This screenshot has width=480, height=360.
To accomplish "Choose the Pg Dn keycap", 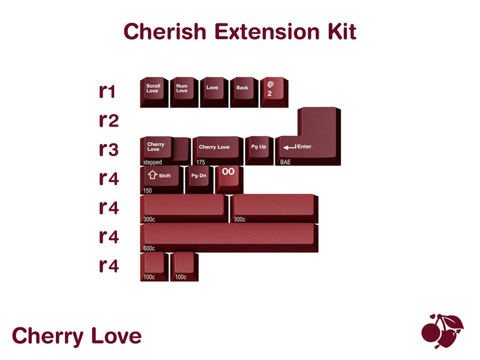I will click(x=199, y=178).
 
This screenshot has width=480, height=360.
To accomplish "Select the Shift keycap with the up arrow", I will click(x=161, y=178).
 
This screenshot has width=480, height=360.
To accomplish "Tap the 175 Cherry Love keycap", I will click(x=217, y=149).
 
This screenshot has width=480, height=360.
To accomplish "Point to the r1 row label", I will click(x=108, y=91).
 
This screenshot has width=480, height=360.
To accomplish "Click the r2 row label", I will click(x=109, y=121).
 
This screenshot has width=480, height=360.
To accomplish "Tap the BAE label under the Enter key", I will click(x=286, y=162).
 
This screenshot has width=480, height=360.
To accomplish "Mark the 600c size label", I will click(x=149, y=248).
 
